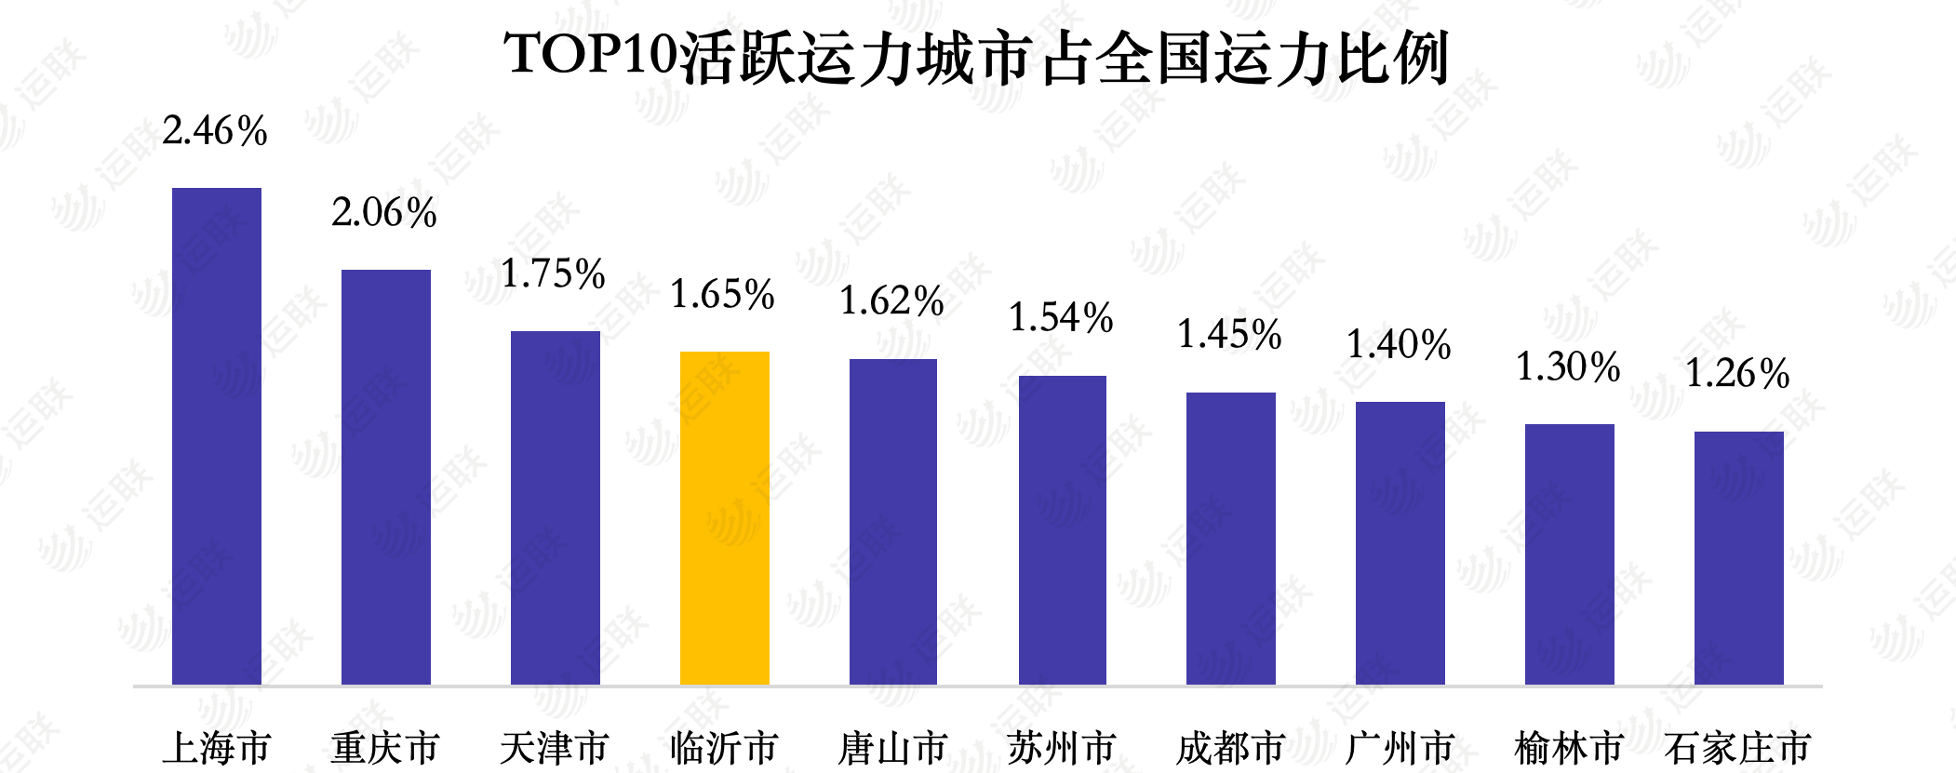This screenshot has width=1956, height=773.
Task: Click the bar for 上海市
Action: pos(217,436)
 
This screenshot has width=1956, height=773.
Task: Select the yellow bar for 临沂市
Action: pos(725,518)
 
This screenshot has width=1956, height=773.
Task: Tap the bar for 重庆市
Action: pos(386,477)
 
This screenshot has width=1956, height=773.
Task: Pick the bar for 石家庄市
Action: pos(1738,558)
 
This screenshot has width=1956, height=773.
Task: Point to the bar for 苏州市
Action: pos(1063,530)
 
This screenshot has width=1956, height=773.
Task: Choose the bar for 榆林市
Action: pos(1569,554)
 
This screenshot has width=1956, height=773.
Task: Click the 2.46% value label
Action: pos(215,131)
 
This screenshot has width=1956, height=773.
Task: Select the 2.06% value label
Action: pos(384,213)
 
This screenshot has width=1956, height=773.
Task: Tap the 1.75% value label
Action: pos(554,274)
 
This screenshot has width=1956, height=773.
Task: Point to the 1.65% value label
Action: pos(723,295)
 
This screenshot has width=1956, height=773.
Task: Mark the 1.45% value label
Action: pos(1230,335)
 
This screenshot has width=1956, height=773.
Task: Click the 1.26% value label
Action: pos(1737,374)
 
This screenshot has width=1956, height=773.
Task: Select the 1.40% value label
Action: pos(1400,345)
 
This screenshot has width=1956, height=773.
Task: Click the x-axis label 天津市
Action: pos(555,748)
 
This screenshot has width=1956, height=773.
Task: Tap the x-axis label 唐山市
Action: pos(892,748)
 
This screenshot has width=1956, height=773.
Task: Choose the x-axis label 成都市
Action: pos(1230,748)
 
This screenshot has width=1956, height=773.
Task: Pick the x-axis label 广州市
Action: pos(1400,748)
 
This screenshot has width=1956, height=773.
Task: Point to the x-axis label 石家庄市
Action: pos(1737,748)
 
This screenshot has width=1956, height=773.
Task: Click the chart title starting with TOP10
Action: pos(977,57)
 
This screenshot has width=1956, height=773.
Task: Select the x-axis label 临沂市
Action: pos(724,748)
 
